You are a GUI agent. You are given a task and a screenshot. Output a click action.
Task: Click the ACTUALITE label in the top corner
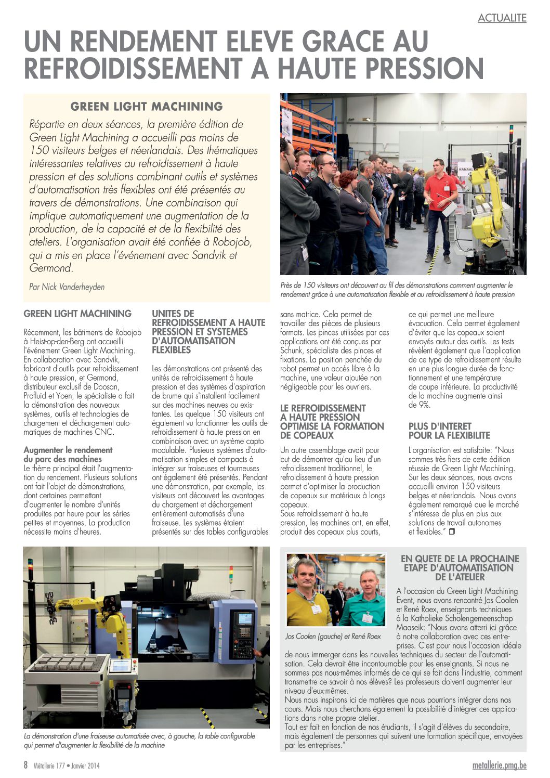tap(502, 18)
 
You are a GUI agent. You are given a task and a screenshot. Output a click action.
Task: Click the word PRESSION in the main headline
tap(414, 68)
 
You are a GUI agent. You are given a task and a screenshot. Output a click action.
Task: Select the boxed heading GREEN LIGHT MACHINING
tap(147, 107)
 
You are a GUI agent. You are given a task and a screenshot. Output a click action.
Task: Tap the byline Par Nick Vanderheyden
tap(67, 287)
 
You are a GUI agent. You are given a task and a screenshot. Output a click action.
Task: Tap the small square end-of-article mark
tap(451, 531)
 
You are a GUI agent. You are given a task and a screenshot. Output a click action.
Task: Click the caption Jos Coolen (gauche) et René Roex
tap(333, 636)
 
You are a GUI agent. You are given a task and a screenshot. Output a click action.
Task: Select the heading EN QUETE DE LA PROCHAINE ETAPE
tap(460, 567)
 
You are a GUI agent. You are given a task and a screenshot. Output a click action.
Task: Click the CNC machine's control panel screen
tap(244, 619)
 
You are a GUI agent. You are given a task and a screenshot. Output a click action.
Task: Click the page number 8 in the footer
tap(25, 765)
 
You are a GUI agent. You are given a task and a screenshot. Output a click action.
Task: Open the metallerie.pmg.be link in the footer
tap(500, 766)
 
